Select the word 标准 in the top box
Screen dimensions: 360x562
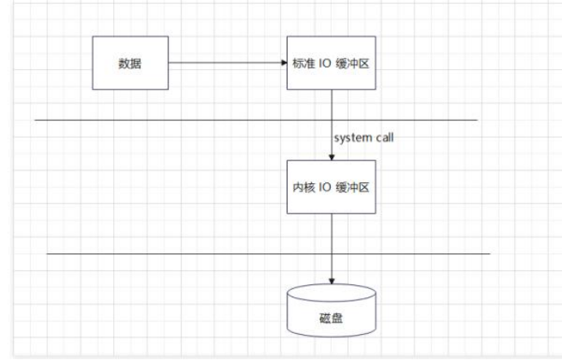pos(304,64)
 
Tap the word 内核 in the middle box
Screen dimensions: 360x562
pos(304,187)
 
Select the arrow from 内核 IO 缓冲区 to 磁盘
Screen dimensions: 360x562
pos(331,244)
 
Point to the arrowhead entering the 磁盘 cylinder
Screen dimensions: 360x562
pos(331,281)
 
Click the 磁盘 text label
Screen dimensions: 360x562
pos(331,318)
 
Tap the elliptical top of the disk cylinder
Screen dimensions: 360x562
pos(331,294)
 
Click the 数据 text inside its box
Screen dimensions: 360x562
pos(130,64)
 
